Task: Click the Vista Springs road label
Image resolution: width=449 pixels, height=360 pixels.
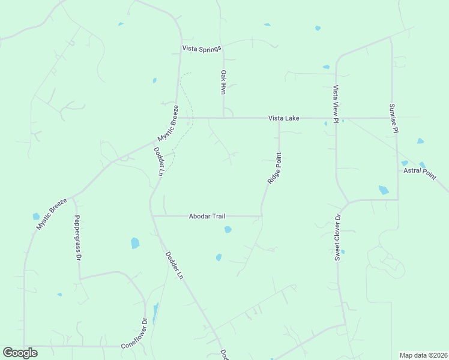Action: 202,49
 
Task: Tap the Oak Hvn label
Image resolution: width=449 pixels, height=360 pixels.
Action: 223,83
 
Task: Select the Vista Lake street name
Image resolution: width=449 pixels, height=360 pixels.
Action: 283,118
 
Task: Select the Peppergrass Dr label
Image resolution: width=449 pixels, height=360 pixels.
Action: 77,238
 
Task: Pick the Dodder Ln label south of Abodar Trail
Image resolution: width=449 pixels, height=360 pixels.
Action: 174,265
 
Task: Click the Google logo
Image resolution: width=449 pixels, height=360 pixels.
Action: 20,353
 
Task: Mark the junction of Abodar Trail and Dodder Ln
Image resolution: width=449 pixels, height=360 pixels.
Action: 152,216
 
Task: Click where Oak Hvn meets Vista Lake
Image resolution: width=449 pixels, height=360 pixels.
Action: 224,118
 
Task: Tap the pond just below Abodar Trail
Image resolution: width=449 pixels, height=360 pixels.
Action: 228,229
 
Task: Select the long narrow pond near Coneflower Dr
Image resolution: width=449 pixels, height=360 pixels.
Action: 155,312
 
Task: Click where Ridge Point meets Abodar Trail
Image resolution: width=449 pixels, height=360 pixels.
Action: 262,216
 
